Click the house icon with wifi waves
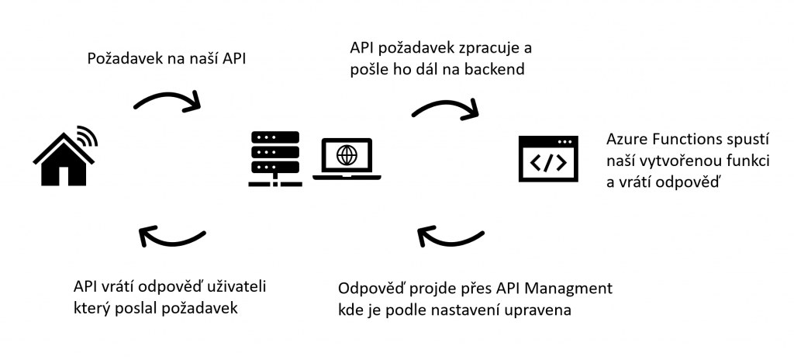pyautogui.click(x=64, y=159)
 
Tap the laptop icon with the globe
pyautogui.click(x=347, y=159)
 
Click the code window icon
pyautogui.click(x=547, y=159)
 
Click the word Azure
pyautogui.click(x=626, y=141)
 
